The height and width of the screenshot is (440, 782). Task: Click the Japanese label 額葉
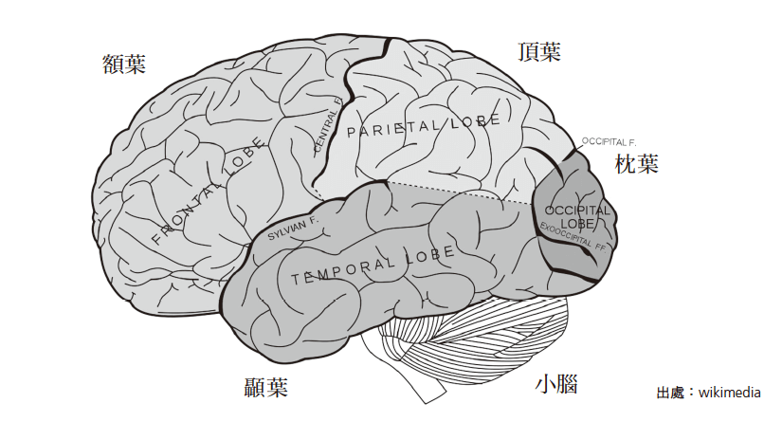point(124,64)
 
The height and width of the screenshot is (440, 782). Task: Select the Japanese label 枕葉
point(636,164)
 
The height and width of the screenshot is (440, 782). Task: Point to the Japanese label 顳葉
point(265,387)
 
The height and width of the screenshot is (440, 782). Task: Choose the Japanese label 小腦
point(556,385)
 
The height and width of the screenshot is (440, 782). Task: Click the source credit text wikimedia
point(729,393)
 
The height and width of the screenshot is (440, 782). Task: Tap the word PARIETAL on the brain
point(390,129)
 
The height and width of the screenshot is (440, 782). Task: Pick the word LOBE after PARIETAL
point(469,121)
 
